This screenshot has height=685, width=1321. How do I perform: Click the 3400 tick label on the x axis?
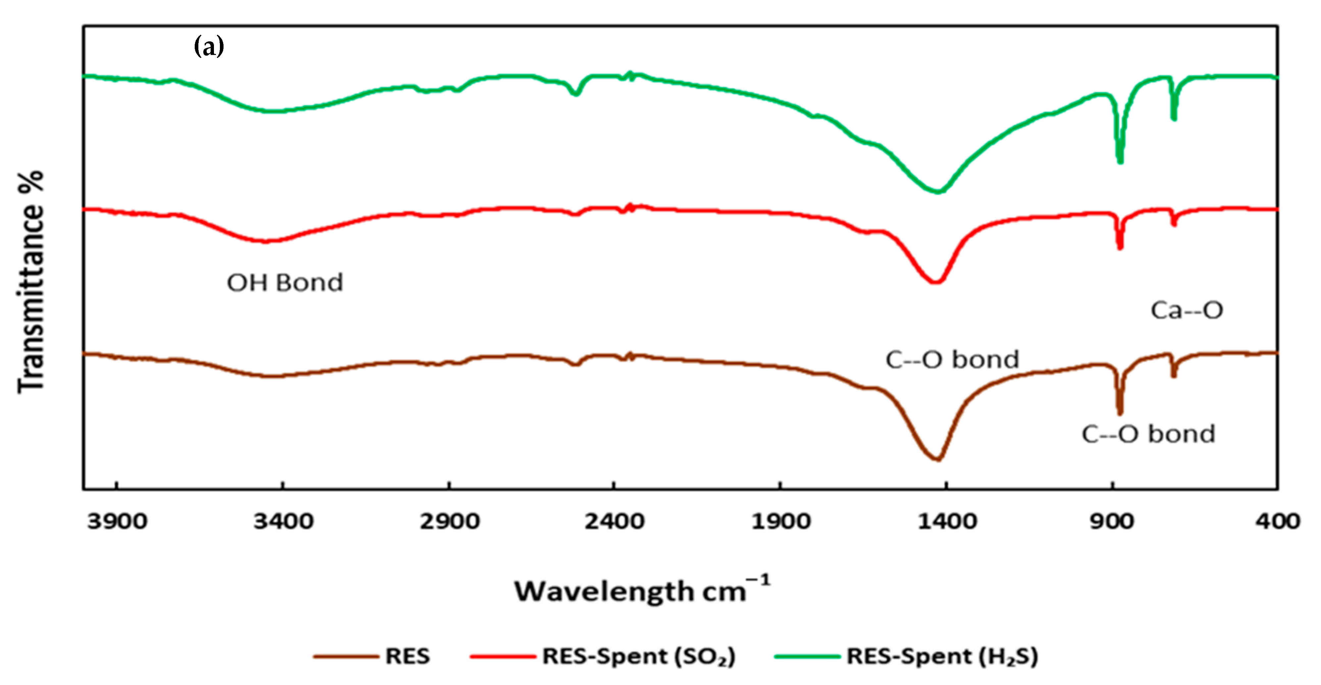(x=283, y=521)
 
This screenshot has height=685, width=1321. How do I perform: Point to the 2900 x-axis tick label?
(x=449, y=521)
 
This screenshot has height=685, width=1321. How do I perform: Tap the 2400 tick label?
(x=614, y=521)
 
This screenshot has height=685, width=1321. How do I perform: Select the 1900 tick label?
(x=781, y=521)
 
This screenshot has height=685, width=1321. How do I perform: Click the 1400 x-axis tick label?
(x=947, y=521)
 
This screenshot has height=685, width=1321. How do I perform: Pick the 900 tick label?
(x=1112, y=521)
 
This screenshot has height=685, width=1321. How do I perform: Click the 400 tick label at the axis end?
(x=1277, y=521)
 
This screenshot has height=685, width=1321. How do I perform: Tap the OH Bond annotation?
(x=284, y=282)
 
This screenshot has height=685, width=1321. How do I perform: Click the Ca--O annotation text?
(x=1187, y=310)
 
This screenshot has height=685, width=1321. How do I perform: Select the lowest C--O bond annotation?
(x=1148, y=434)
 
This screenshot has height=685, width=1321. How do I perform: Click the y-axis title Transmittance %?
(x=31, y=282)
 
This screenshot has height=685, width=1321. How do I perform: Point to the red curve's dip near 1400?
(x=936, y=281)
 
